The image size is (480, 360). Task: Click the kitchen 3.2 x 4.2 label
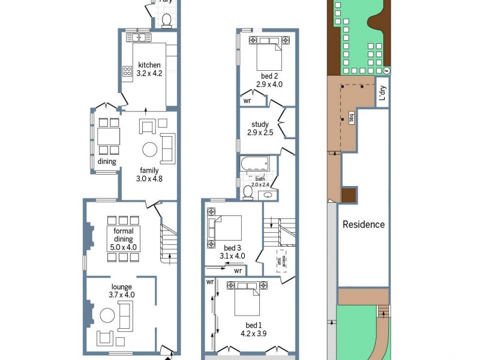[149, 70]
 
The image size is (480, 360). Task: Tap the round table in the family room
[149, 149]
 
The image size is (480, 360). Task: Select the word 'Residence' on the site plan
[363, 224]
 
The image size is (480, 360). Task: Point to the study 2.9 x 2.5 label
[260, 128]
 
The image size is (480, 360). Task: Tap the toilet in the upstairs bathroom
[248, 193]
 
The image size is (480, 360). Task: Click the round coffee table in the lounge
[107, 315]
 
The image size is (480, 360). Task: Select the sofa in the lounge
[125, 316]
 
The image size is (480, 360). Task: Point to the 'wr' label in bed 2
[247, 101]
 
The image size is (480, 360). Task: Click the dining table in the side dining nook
[109, 140]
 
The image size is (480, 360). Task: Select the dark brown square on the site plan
[348, 196]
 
